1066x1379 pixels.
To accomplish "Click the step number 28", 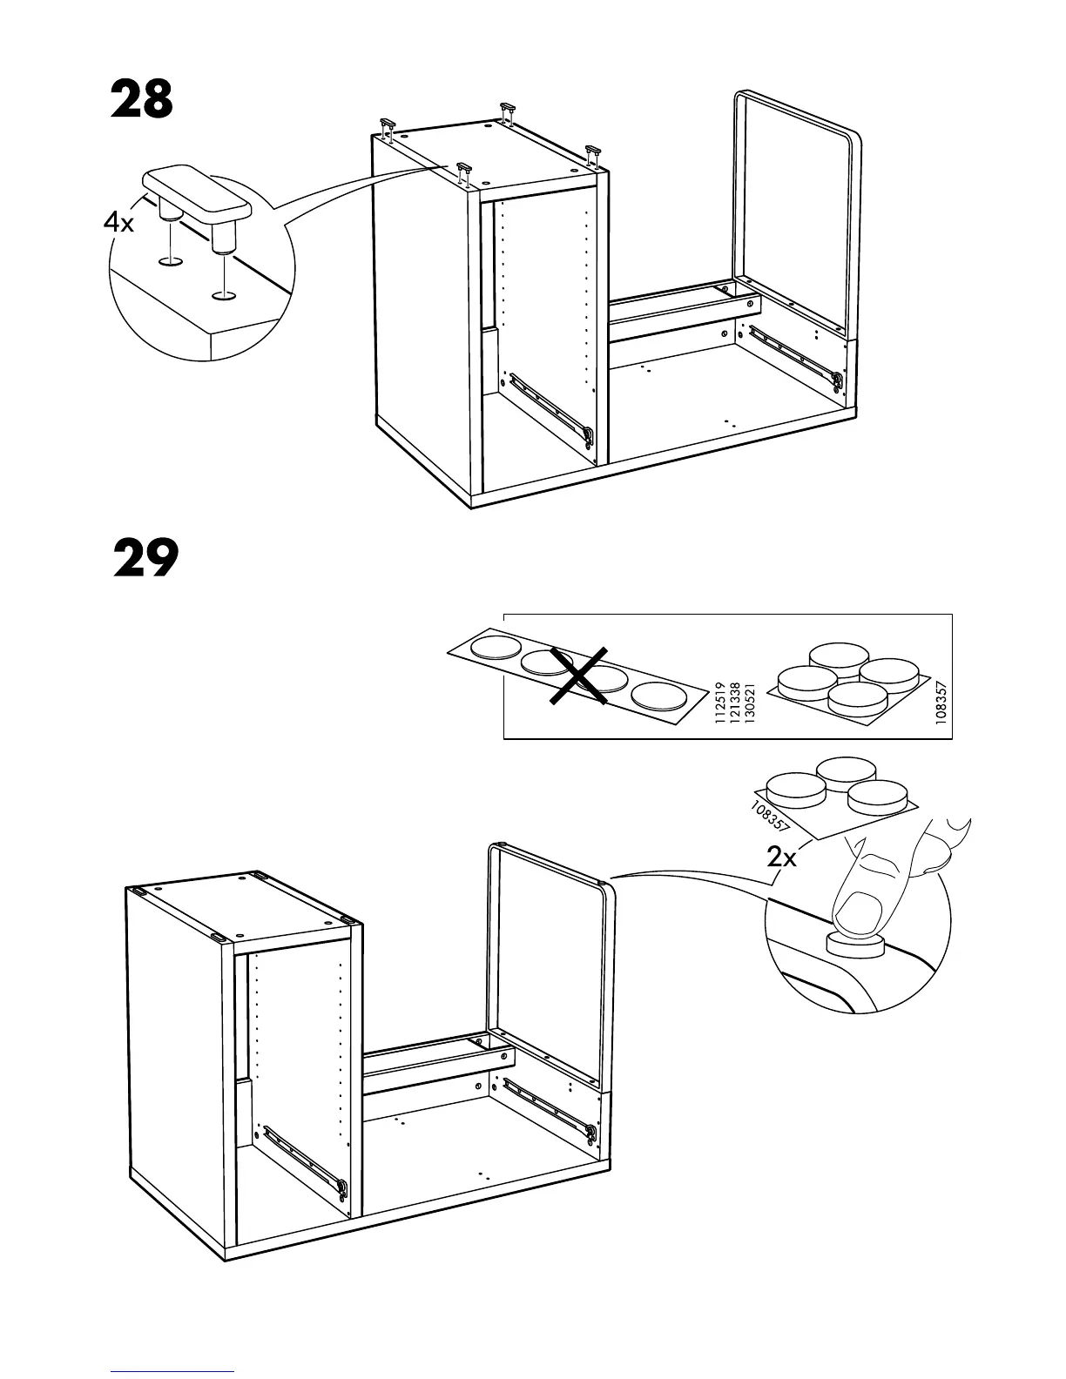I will point(142,101).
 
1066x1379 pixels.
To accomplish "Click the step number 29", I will point(145,559).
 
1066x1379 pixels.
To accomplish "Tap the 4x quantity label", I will point(119,224).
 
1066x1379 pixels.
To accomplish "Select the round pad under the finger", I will point(855,945).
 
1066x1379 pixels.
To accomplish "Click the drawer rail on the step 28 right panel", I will point(794,353).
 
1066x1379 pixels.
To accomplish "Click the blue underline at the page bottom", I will point(172,1370).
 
